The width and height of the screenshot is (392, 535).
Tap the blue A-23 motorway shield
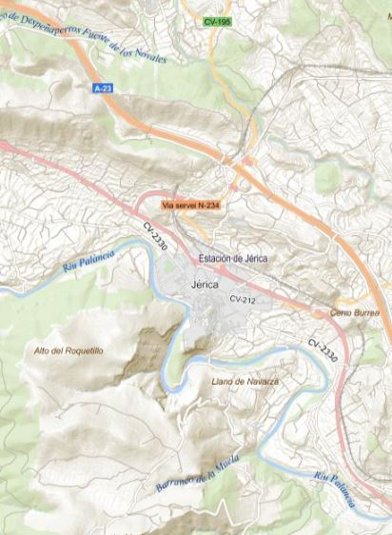[103, 88]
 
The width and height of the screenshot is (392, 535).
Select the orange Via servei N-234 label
[191, 204]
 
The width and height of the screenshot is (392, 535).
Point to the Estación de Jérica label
[233, 259]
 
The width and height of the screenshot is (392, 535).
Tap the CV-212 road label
[243, 300]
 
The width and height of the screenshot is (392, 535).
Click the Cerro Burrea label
[354, 312]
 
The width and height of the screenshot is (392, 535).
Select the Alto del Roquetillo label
[69, 351]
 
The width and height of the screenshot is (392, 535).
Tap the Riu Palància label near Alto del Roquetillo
[89, 258]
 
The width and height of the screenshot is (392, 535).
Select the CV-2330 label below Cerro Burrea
[323, 350]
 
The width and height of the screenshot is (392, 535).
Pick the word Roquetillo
[83, 351]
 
